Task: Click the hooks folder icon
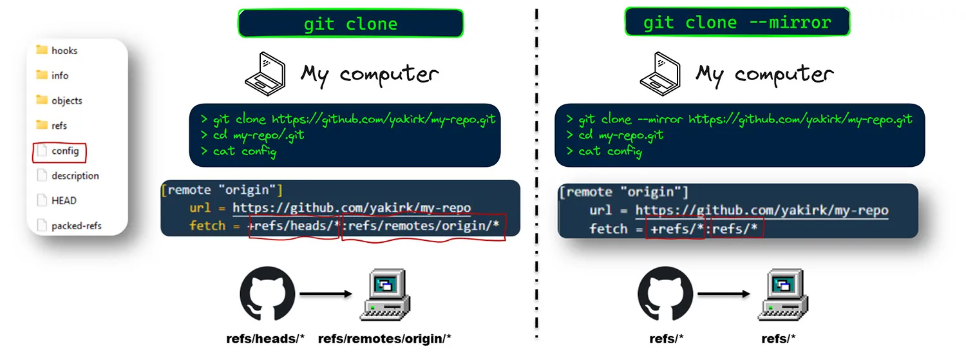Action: click(x=42, y=50)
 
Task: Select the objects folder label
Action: click(x=67, y=100)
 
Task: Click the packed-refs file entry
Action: click(x=70, y=225)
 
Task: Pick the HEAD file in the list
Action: click(x=57, y=200)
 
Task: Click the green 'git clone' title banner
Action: click(x=350, y=23)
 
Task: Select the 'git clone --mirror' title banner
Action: click(x=737, y=21)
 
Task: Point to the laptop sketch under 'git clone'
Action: click(x=265, y=73)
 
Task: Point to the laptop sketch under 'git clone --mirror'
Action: click(x=660, y=73)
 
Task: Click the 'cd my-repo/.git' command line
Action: click(x=252, y=135)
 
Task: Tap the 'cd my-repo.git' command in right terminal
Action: click(x=615, y=135)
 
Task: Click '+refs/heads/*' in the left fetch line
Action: click(x=294, y=225)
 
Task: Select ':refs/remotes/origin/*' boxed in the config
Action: click(x=424, y=225)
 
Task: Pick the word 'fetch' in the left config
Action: click(x=207, y=225)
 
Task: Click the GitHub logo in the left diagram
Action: click(x=267, y=294)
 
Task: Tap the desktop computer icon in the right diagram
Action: click(x=783, y=294)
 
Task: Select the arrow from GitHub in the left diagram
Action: click(x=326, y=294)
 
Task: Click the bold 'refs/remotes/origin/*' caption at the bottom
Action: click(x=384, y=339)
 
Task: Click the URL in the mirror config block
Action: click(x=762, y=211)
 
